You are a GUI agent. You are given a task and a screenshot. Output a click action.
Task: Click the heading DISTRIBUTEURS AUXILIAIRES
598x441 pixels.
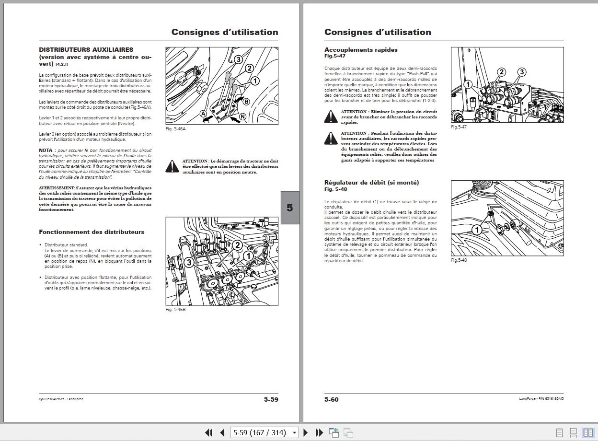click(x=86, y=49)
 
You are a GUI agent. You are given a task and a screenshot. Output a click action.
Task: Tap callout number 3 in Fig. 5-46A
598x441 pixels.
click(x=238, y=59)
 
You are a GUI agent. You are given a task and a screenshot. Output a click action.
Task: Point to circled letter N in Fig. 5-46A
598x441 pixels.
click(x=243, y=116)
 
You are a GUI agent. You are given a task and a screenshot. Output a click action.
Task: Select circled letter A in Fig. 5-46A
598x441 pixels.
click(x=203, y=114)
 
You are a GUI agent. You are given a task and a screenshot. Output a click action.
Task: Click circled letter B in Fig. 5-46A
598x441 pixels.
click(x=246, y=101)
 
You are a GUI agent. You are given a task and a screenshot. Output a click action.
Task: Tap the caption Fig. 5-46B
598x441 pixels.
click(x=175, y=310)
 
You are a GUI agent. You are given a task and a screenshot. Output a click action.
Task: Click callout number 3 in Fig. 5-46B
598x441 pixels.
click(x=189, y=262)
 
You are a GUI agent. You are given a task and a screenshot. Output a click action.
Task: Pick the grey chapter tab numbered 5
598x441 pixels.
click(x=289, y=208)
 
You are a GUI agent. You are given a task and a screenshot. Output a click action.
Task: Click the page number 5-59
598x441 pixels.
click(x=271, y=399)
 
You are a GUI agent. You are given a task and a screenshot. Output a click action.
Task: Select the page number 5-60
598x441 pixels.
click(x=332, y=399)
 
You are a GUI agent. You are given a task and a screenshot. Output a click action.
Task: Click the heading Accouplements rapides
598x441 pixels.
click(x=361, y=49)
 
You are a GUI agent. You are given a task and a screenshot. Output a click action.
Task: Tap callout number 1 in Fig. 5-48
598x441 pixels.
click(x=476, y=230)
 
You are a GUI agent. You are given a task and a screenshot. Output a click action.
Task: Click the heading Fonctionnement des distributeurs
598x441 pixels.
click(x=92, y=232)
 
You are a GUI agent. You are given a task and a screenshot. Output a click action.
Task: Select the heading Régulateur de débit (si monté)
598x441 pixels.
click(x=371, y=183)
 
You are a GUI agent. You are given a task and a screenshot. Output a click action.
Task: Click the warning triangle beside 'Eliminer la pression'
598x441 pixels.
click(x=331, y=116)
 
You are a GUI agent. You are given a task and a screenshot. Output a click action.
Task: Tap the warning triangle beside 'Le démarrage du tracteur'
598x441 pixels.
click(x=172, y=166)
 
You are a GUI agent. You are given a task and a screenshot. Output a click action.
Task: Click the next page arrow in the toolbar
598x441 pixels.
click(x=306, y=432)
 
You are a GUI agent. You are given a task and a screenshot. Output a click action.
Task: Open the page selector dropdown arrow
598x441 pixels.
click(x=294, y=433)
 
